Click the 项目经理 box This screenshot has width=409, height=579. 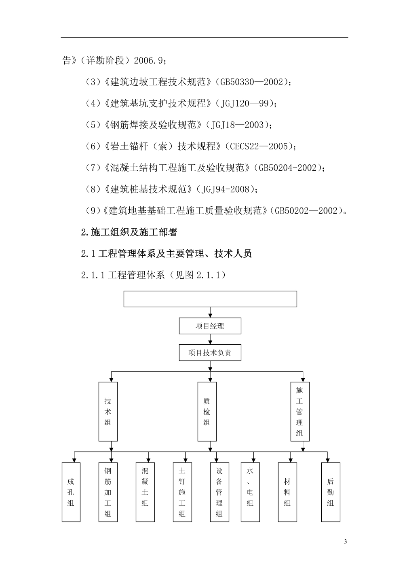210,326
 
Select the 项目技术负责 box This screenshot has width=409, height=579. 210,352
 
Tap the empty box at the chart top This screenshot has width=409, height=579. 210,299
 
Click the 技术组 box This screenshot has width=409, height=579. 108,412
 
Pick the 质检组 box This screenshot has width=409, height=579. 207,412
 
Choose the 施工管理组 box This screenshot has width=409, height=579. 300,412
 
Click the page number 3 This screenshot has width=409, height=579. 346,541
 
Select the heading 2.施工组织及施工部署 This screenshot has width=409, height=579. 129,232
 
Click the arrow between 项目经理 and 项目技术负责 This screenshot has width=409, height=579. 210,339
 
